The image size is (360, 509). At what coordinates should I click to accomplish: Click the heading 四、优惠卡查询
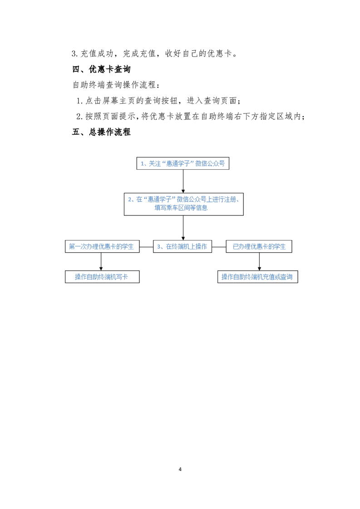101,69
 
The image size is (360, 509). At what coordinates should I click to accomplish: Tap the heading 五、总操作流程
101,132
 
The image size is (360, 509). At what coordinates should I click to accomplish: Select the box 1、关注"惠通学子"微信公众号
182,163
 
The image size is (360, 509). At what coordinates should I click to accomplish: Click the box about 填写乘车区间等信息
183,204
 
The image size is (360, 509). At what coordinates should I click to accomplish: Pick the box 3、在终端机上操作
182,246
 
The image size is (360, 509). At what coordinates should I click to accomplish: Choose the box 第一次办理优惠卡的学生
102,246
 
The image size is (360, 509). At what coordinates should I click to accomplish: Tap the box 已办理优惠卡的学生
259,246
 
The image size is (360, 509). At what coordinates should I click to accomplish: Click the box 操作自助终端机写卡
102,277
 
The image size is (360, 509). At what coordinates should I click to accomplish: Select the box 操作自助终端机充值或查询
258,277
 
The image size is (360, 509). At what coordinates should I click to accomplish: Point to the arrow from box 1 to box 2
183,181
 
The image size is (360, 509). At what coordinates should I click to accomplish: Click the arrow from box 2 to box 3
183,228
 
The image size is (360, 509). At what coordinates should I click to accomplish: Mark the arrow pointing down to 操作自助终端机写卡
101,261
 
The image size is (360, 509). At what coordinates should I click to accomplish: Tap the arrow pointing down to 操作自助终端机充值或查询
259,261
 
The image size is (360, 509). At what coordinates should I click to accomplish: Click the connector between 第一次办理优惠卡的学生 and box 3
146,247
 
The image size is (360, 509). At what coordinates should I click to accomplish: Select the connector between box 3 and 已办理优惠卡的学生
219,247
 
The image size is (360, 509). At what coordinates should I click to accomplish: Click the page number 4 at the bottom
180,469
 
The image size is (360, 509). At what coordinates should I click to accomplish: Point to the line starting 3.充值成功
155,53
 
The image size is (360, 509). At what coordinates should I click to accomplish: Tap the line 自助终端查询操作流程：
116,85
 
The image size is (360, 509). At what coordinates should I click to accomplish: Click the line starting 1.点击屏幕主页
158,101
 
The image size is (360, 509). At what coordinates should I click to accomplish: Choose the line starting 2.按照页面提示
191,116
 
